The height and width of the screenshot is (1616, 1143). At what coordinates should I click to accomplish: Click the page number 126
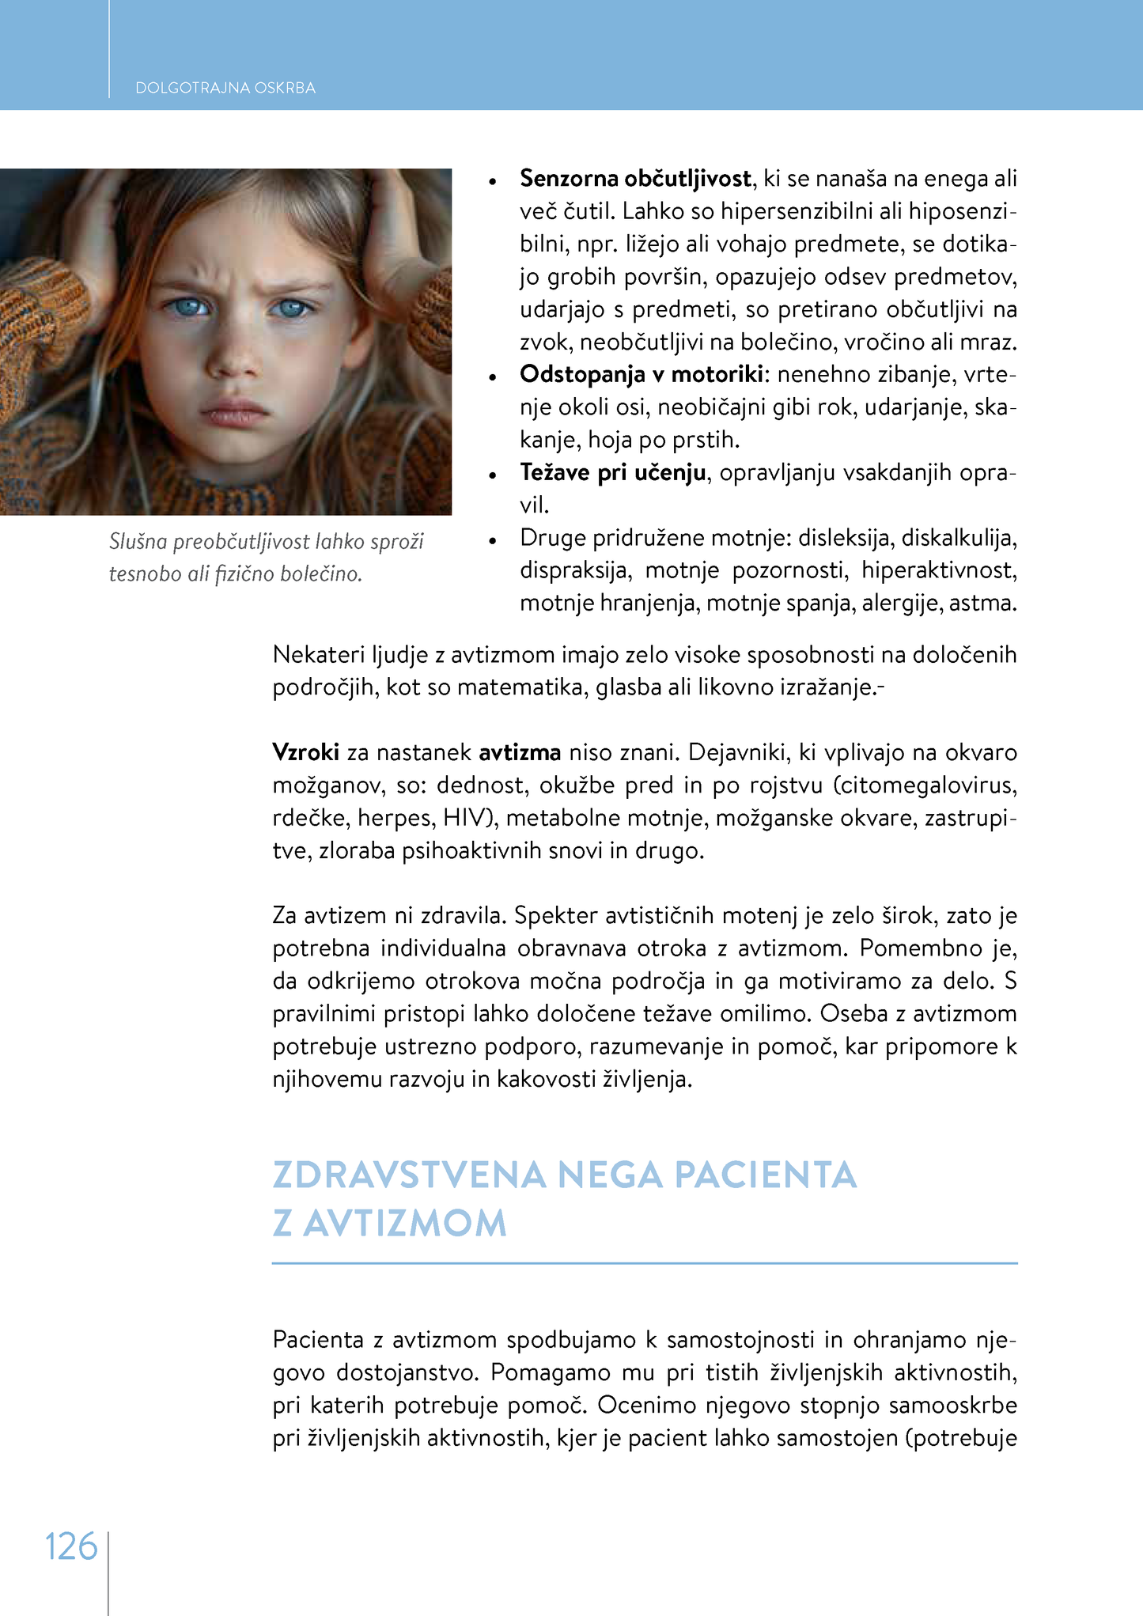click(71, 1546)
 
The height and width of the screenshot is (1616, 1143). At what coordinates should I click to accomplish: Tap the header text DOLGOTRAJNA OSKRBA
click(225, 88)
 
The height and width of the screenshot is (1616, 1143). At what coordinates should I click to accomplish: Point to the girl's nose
click(236, 360)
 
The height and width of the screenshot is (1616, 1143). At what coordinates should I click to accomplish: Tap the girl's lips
click(235, 413)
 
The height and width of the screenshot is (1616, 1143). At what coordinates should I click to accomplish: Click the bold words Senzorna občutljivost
click(635, 179)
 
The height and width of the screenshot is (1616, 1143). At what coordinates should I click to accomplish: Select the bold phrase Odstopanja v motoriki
click(642, 374)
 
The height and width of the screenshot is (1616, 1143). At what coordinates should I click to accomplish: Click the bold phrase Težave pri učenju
click(612, 472)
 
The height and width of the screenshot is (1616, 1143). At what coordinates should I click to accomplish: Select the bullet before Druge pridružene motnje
click(492, 540)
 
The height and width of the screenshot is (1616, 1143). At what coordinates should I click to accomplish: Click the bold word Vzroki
click(305, 752)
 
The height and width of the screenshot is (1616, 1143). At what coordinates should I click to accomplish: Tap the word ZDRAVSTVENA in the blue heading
click(409, 1175)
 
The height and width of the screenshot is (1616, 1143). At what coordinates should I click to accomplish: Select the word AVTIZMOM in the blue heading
click(405, 1224)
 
